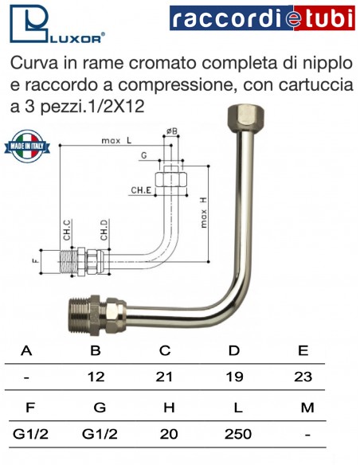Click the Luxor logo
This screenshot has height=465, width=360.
click(x=57, y=24)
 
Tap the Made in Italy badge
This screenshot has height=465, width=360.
click(x=27, y=147)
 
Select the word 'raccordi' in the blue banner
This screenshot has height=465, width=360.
click(x=227, y=18)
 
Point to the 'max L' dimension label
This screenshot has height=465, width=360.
click(x=116, y=141)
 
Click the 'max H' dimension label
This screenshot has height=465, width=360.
click(x=203, y=213)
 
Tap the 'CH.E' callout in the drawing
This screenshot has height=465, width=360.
click(x=141, y=190)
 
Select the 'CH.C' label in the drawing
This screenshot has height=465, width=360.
click(x=68, y=230)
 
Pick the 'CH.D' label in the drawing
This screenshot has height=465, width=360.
click(x=104, y=230)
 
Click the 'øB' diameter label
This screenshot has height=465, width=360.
click(x=172, y=131)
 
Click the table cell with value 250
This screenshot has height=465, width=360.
click(x=238, y=434)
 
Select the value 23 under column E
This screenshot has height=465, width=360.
click(x=303, y=377)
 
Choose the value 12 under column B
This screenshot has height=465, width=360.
click(x=96, y=377)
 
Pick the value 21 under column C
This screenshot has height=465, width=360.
click(x=164, y=377)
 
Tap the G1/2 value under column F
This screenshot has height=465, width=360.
click(x=30, y=434)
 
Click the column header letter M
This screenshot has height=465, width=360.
click(x=307, y=408)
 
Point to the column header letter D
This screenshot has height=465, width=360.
click(x=234, y=350)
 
